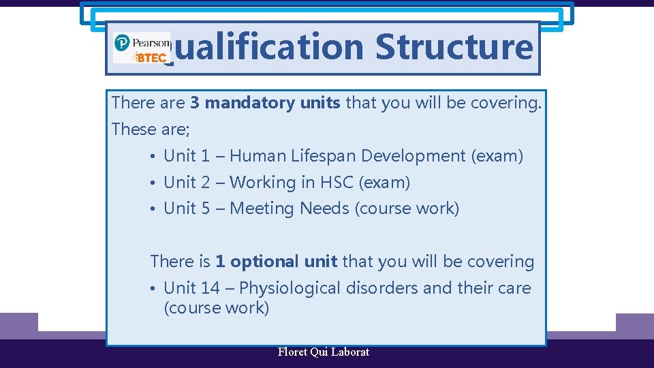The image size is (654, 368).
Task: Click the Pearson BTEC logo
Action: click(x=141, y=48)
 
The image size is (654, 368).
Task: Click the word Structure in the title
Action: click(x=454, y=47)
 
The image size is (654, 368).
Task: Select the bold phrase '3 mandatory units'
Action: click(x=265, y=103)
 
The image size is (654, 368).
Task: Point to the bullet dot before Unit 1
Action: click(x=155, y=157)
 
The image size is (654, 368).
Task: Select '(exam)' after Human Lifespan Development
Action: click(x=497, y=156)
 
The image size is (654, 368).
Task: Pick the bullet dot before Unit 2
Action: click(x=155, y=183)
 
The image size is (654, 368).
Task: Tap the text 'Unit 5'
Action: click(x=187, y=209)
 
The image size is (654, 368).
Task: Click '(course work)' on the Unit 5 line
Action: click(x=407, y=209)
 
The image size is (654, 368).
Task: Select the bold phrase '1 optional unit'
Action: click(x=276, y=262)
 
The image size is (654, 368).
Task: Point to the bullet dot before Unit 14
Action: click(x=155, y=289)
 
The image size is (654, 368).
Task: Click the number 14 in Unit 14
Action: click(x=211, y=288)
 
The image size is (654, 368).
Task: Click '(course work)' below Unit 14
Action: click(x=217, y=308)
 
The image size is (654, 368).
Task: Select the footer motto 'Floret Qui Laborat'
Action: click(x=324, y=352)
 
